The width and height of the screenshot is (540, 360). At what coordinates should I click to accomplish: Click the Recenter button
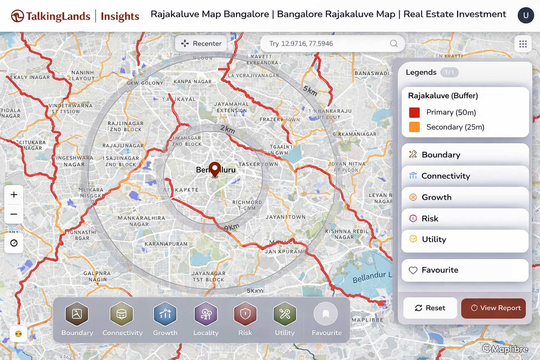[201, 44]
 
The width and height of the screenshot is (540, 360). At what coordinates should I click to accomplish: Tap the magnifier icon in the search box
[394, 44]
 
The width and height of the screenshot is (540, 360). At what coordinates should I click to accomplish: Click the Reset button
[430, 308]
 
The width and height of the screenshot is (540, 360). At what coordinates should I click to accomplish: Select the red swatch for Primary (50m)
[414, 112]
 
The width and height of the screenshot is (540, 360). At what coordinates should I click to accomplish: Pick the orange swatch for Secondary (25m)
[414, 127]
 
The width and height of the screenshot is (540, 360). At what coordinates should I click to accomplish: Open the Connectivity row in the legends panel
[465, 176]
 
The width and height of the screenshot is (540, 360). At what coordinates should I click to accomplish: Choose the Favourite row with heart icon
[465, 270]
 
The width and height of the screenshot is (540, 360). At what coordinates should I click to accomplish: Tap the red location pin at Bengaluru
[214, 169]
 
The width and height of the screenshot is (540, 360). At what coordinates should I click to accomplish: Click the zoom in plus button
[14, 195]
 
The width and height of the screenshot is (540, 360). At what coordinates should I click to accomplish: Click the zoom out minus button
[14, 214]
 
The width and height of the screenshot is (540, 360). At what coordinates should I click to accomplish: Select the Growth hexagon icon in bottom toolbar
[165, 314]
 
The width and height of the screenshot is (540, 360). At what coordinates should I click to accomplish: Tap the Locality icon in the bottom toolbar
[206, 314]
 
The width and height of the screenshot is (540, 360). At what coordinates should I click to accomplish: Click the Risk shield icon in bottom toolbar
[245, 314]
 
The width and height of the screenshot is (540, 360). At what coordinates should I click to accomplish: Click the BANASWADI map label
[372, 73]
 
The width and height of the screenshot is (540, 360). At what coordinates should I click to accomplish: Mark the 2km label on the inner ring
[227, 129]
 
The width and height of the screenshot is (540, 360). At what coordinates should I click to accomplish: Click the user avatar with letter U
[526, 15]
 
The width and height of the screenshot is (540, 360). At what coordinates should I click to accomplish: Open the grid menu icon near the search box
[523, 44]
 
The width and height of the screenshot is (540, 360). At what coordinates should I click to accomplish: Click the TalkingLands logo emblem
[17, 16]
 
